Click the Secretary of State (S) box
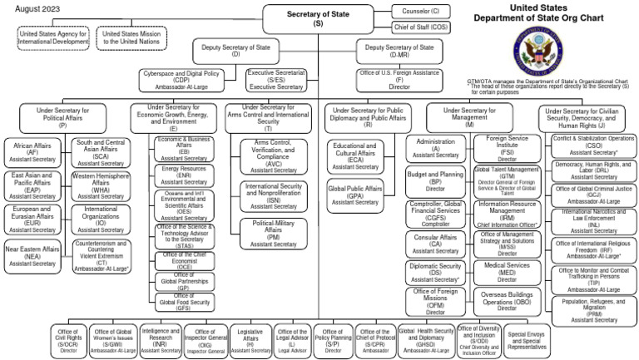(x=318, y=19)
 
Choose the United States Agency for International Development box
(x=53, y=37)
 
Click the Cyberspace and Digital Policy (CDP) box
(x=186, y=80)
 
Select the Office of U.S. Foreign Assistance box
(x=399, y=80)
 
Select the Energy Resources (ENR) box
(x=184, y=175)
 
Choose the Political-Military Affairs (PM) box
(x=274, y=234)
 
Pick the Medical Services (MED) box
(x=507, y=270)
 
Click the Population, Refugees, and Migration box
(x=594, y=309)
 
